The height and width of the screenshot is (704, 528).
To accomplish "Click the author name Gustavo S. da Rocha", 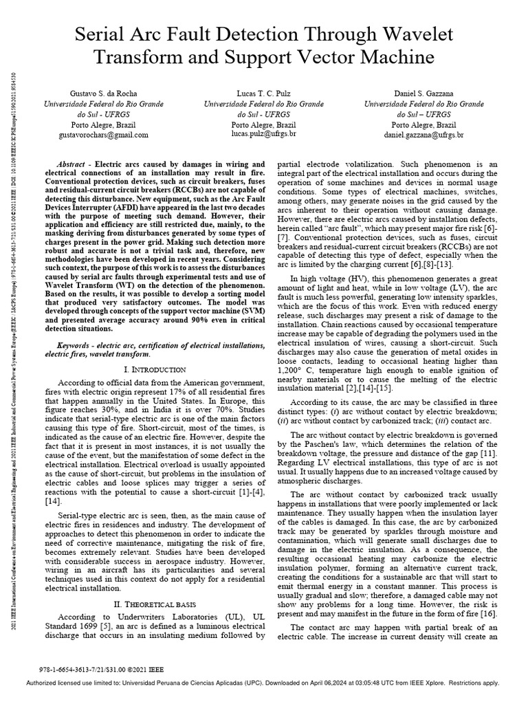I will [x=103, y=92].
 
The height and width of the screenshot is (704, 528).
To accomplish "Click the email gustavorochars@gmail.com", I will [x=103, y=135].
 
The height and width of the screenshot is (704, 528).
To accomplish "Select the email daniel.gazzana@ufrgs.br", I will [x=423, y=135].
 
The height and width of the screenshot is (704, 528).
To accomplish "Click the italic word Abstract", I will [x=75, y=165].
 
